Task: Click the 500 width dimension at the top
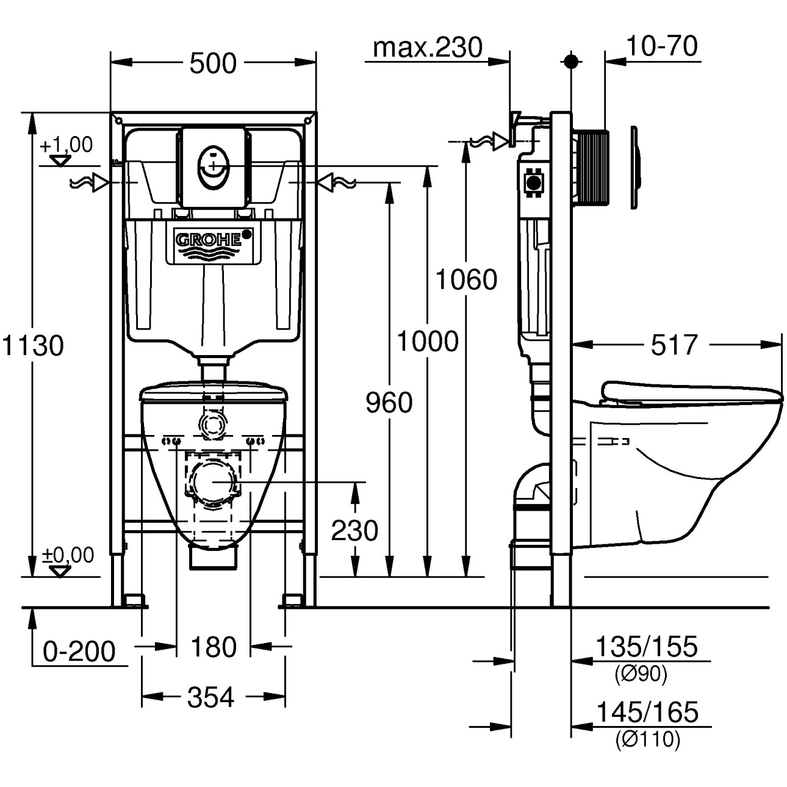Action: pyautogui.click(x=212, y=63)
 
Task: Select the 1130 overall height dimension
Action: pyautogui.click(x=33, y=345)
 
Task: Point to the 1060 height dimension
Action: pyautogui.click(x=466, y=280)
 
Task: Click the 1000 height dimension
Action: pyautogui.click(x=428, y=342)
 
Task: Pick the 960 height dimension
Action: pyautogui.click(x=389, y=403)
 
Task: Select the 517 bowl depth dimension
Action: pyautogui.click(x=674, y=345)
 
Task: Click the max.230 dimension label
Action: pyautogui.click(x=427, y=48)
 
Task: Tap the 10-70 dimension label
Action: pyautogui.click(x=661, y=46)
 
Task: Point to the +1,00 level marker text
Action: pyautogui.click(x=66, y=145)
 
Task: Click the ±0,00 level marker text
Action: pyautogui.click(x=68, y=555)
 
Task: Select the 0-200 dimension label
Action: pyautogui.click(x=79, y=652)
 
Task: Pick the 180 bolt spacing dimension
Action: pyautogui.click(x=213, y=647)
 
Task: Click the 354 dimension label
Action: pyautogui.click(x=210, y=697)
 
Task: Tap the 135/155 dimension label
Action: pyautogui.click(x=646, y=647)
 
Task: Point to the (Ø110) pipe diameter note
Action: pyautogui.click(x=647, y=739)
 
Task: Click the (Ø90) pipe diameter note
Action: pyautogui.click(x=641, y=674)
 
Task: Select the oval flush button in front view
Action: pyautogui.click(x=212, y=165)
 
